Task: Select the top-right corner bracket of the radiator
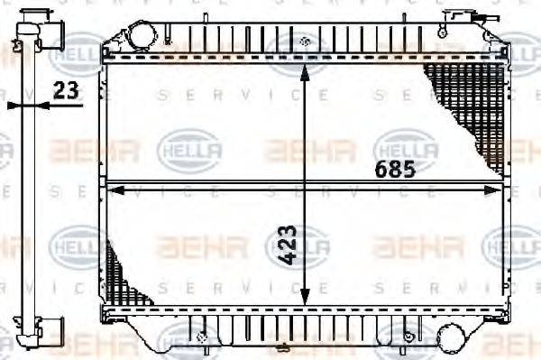click(497, 41)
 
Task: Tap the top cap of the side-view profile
click(27, 26)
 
